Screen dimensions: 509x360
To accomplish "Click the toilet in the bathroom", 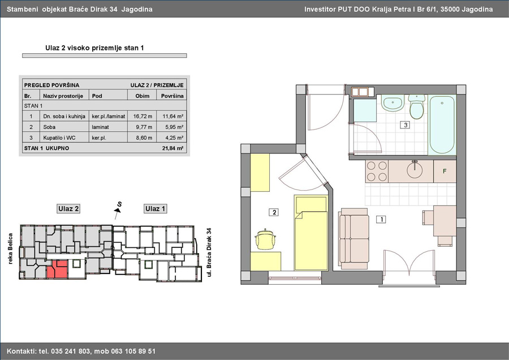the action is point(416,106).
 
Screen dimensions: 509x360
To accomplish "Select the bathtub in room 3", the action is point(442,125).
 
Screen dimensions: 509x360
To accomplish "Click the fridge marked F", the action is point(445,171).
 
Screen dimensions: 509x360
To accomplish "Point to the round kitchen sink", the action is point(415,169).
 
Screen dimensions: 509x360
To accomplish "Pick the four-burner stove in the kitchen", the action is point(377,172).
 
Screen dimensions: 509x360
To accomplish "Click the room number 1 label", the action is point(381,220).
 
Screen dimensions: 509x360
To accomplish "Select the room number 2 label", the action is point(274,212).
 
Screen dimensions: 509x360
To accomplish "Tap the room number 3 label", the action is point(405,125).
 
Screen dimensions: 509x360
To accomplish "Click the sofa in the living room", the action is point(353,239).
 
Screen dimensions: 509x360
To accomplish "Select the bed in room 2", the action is point(311,232).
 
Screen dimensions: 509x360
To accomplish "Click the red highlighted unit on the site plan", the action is point(58,269).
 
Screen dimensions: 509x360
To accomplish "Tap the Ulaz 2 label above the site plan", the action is point(68,209).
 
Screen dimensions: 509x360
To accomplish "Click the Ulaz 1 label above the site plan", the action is point(155,209).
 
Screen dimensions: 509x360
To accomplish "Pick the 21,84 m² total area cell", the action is point(172,148).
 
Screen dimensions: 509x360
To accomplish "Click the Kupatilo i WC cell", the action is point(59,138).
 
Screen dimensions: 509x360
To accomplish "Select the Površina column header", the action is point(172,96).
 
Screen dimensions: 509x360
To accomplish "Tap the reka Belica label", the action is point(10,248).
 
